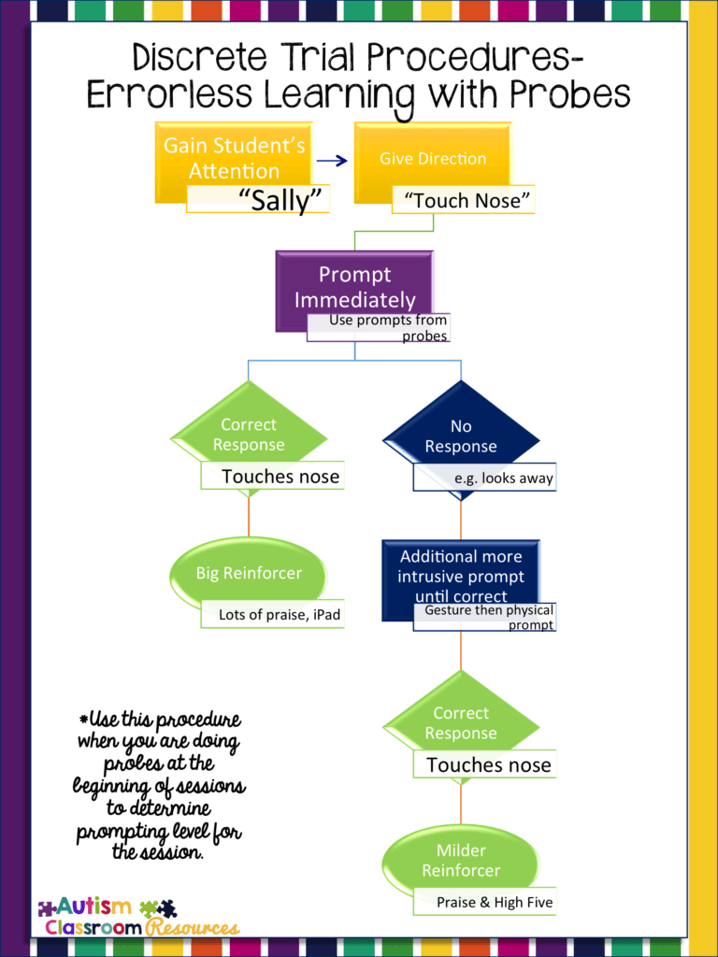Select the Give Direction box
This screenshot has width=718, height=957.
(432, 158)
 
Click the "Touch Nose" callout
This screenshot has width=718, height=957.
(463, 200)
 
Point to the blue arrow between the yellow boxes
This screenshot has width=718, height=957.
(331, 161)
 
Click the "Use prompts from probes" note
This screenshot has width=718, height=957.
(379, 328)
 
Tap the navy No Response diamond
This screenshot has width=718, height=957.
(461, 436)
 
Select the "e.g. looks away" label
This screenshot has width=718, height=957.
(484, 478)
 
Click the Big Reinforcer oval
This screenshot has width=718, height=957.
(249, 573)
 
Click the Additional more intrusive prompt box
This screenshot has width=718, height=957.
(461, 576)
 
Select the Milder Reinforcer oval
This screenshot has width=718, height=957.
(461, 860)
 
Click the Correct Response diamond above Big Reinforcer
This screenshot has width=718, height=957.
(249, 435)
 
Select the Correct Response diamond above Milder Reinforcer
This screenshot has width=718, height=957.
(461, 723)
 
